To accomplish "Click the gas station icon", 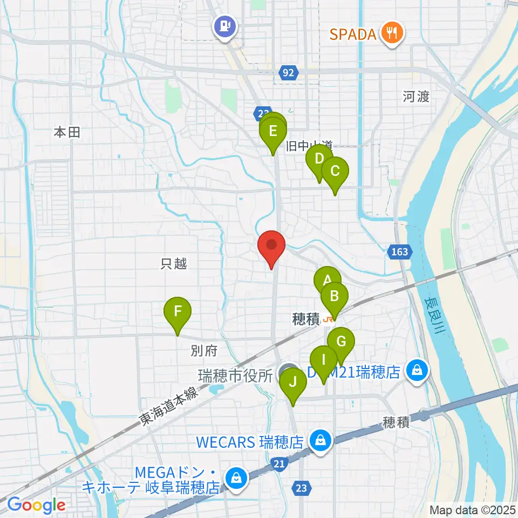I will coord(224,26).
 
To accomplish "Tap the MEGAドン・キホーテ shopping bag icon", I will coord(236,477).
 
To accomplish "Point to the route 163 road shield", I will coord(399,251).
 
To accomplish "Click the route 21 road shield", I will coord(279,464).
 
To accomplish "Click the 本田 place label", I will coord(67,132).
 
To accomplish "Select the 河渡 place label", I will coord(416,97).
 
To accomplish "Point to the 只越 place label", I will coord(174,264).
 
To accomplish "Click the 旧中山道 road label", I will coord(309,146).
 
